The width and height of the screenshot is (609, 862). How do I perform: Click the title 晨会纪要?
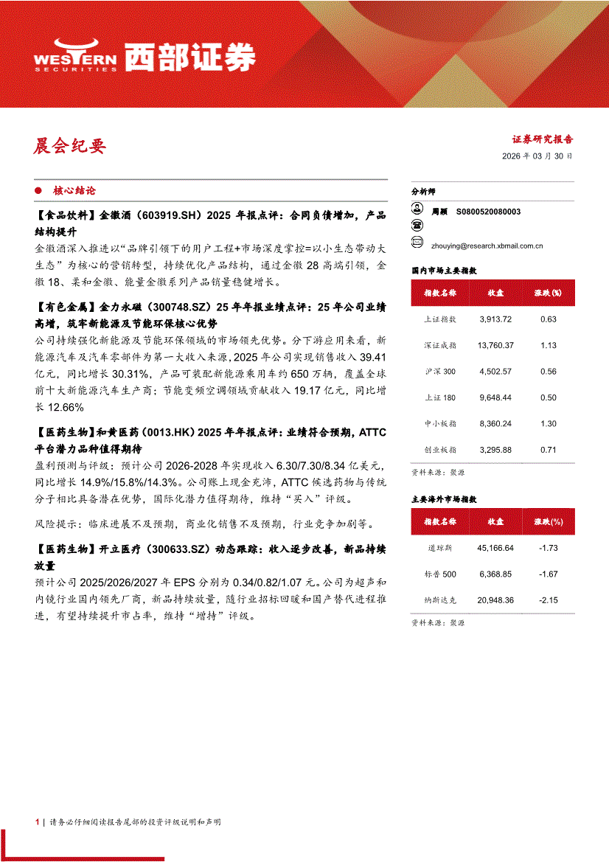click(70, 146)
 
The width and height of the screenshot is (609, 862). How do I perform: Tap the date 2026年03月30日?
click(537, 157)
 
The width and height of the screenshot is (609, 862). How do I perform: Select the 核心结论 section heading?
click(74, 190)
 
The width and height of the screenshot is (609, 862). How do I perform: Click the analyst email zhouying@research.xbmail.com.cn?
click(487, 246)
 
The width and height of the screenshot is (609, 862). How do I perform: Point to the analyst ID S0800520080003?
click(488, 212)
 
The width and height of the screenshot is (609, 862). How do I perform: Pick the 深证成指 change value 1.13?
click(548, 345)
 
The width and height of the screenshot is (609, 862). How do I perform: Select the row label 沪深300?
click(440, 372)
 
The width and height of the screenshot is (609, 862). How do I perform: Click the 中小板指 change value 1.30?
click(548, 423)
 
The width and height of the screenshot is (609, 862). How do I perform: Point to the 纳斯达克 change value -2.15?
click(548, 601)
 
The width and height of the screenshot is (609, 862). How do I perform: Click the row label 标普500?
click(441, 574)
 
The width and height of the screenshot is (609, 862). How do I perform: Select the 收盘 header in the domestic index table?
click(495, 293)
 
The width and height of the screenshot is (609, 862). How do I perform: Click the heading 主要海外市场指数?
click(444, 499)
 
